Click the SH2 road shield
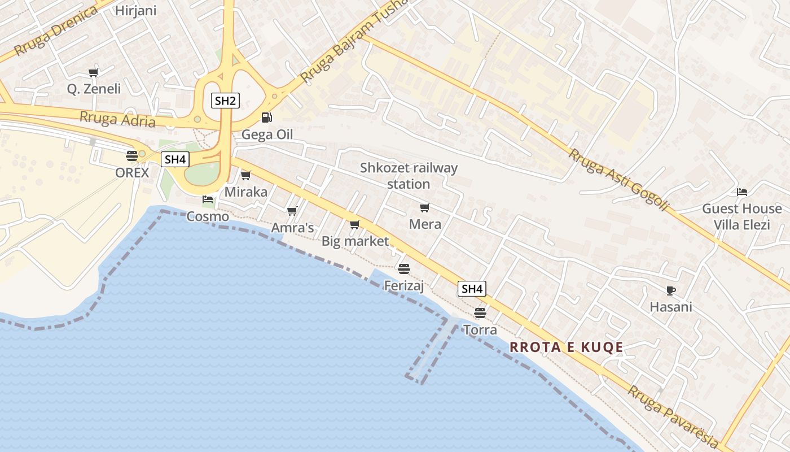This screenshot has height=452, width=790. pyautogui.click(x=225, y=101)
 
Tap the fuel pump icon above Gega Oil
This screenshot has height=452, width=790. pyautogui.click(x=266, y=118)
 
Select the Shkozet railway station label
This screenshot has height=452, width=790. pyautogui.click(x=409, y=176)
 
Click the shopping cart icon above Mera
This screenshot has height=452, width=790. pyautogui.click(x=425, y=208)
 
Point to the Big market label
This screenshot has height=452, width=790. pyautogui.click(x=355, y=241)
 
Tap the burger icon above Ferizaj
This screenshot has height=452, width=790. pyautogui.click(x=403, y=268)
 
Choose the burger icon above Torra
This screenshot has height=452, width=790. pyautogui.click(x=480, y=312)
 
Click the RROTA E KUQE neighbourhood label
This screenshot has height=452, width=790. pyautogui.click(x=566, y=347)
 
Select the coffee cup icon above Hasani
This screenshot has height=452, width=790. pyautogui.click(x=670, y=291)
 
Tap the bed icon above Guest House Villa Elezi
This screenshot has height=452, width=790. pyautogui.click(x=742, y=193)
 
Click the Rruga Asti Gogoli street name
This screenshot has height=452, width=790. pyautogui.click(x=618, y=180)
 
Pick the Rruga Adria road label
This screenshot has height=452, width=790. pyautogui.click(x=117, y=119)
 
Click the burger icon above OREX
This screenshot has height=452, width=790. pyautogui.click(x=132, y=156)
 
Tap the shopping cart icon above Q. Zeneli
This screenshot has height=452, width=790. pyautogui.click(x=94, y=72)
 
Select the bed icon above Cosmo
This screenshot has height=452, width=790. pyautogui.click(x=208, y=199)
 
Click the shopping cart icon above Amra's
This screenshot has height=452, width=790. pyautogui.click(x=292, y=211)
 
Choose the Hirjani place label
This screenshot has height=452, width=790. pyautogui.click(x=135, y=10)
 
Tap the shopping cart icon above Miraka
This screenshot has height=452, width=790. pyautogui.click(x=245, y=176)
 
